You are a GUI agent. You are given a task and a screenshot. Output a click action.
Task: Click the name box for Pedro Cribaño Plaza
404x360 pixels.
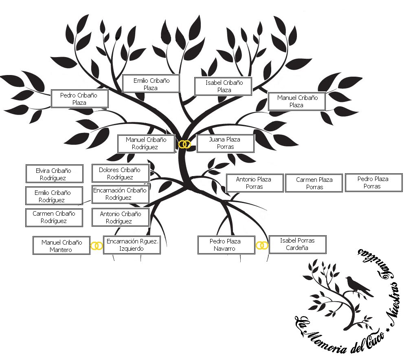click(79, 99)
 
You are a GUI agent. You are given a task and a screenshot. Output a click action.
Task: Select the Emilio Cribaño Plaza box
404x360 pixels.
click(151, 84)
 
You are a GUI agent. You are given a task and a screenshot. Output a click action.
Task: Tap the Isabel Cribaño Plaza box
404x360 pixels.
click(223, 86)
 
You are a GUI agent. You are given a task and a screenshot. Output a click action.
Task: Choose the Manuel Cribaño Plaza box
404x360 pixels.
click(296, 101)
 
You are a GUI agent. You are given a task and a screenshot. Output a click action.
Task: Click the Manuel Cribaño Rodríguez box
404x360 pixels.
click(146, 144)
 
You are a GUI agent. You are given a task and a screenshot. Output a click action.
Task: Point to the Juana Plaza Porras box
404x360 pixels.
click(225, 143)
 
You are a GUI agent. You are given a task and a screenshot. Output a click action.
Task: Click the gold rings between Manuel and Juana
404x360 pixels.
click(185, 144)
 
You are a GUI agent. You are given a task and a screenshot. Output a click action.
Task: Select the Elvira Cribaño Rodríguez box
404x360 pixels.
click(54, 174)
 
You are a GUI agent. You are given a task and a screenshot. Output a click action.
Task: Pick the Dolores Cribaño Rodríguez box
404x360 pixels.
click(120, 173)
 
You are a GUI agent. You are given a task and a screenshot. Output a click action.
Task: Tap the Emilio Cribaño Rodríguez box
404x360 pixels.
click(54, 196)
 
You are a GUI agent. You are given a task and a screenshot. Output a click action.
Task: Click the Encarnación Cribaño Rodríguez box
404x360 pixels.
click(120, 194)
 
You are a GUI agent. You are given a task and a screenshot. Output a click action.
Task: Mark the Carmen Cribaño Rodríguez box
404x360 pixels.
click(54, 217)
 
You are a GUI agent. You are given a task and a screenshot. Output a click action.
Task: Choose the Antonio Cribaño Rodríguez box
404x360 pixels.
click(120, 217)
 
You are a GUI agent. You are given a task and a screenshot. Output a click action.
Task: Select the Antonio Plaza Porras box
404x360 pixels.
click(254, 183)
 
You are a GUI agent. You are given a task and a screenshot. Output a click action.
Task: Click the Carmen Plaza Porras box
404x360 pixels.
click(314, 183)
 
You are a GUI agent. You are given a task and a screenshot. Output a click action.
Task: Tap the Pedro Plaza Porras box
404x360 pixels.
click(373, 182)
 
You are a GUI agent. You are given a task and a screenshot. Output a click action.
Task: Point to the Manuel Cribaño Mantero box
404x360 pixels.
click(61, 246)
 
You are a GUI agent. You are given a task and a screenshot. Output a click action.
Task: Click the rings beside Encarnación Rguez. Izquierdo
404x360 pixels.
click(97, 246)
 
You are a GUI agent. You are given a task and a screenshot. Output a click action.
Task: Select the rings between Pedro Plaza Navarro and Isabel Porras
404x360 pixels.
click(263, 245)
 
